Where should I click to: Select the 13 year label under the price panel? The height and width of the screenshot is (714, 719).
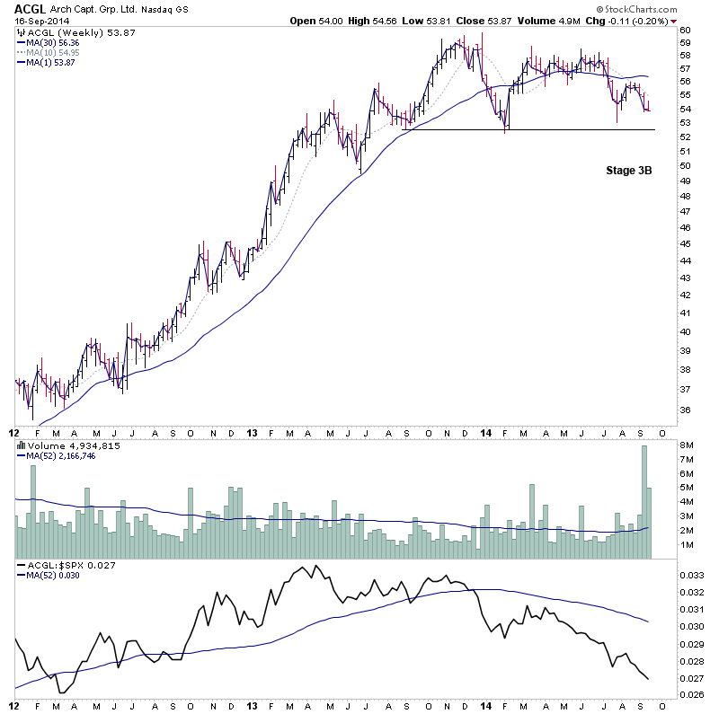click(251, 432)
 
